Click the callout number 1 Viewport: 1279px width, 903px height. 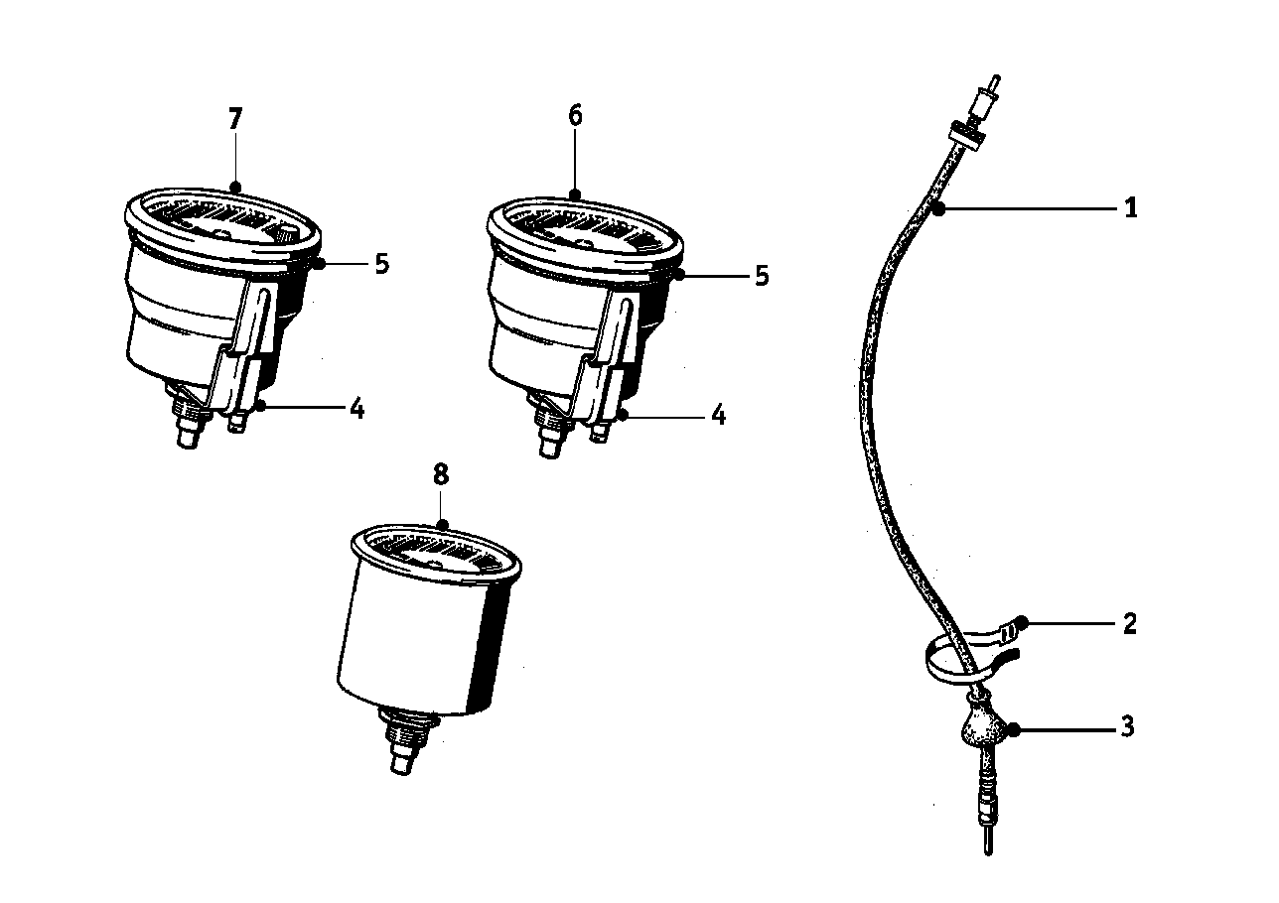1130,207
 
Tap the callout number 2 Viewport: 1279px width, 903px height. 1129,623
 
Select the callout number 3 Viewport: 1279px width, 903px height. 1128,727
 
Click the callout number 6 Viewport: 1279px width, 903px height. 576,115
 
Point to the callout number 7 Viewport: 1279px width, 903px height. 235,119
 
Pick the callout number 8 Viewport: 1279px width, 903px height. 441,474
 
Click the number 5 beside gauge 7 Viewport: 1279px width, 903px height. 382,264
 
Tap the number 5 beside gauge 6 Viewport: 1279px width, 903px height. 763,275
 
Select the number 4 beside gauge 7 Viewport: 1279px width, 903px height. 356,409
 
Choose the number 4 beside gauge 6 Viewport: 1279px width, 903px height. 718,415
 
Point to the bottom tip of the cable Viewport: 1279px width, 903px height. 988,854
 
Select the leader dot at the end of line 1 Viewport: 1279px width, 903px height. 938,210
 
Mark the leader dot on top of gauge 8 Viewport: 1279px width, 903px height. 441,524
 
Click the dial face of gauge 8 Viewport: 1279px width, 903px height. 435,555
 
